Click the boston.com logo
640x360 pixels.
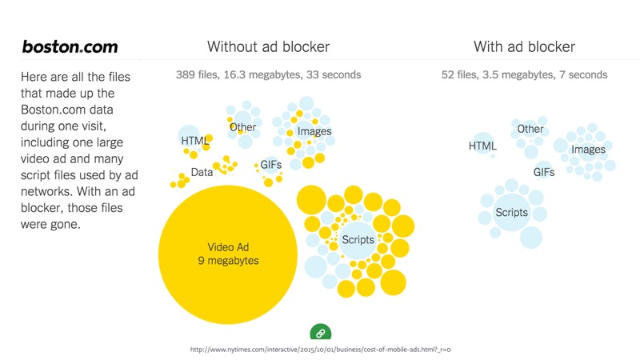pos(70,46)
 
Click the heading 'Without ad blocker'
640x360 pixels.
pos(268,46)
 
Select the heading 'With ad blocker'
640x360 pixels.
pos(524,46)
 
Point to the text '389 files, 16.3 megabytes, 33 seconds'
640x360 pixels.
pos(268,75)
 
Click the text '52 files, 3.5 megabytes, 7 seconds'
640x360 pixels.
pos(524,75)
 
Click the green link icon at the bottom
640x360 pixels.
pos(319,333)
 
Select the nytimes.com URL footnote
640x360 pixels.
pos(326,350)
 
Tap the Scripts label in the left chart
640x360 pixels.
pos(358,240)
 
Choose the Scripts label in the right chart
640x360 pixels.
pos(511,212)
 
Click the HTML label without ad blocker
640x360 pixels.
pos(194,141)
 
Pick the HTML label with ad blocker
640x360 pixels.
pos(482,146)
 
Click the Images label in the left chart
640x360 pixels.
pos(314,131)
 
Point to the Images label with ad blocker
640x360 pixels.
pos(588,149)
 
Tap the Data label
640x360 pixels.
pos(202,172)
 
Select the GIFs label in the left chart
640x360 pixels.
pos(270,165)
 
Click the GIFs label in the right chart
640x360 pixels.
pos(544,172)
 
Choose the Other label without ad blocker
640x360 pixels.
pos(242,127)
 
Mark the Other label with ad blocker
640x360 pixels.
pos(530,129)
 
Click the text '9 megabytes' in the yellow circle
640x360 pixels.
pos(229,261)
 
